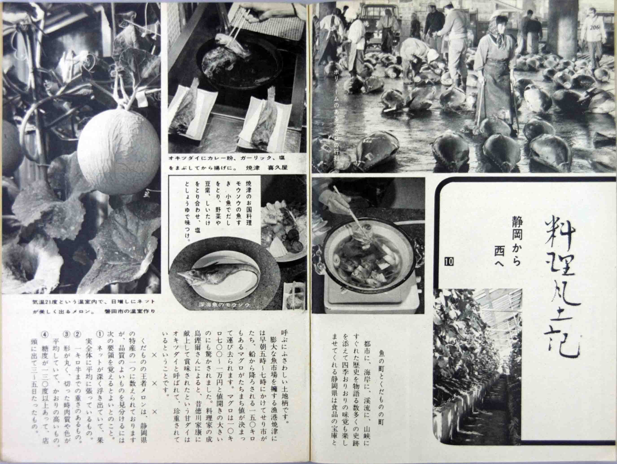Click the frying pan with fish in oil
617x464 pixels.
click(x=223, y=61)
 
